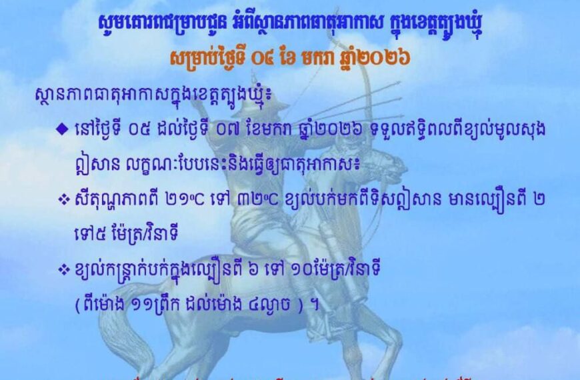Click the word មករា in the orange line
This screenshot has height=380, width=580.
325,57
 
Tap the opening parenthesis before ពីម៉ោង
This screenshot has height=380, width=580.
77,301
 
